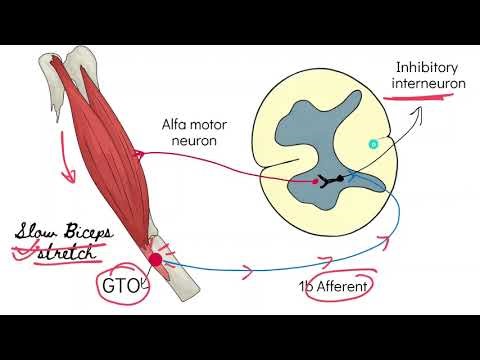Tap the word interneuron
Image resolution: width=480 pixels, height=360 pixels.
tap(429, 84)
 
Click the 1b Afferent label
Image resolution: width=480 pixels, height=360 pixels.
tap(334, 287)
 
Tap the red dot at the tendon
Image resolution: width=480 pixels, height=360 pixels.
tap(155, 261)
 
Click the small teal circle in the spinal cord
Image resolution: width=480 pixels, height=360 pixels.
tap(373, 145)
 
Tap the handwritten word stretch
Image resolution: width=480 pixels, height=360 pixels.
tap(70, 251)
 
